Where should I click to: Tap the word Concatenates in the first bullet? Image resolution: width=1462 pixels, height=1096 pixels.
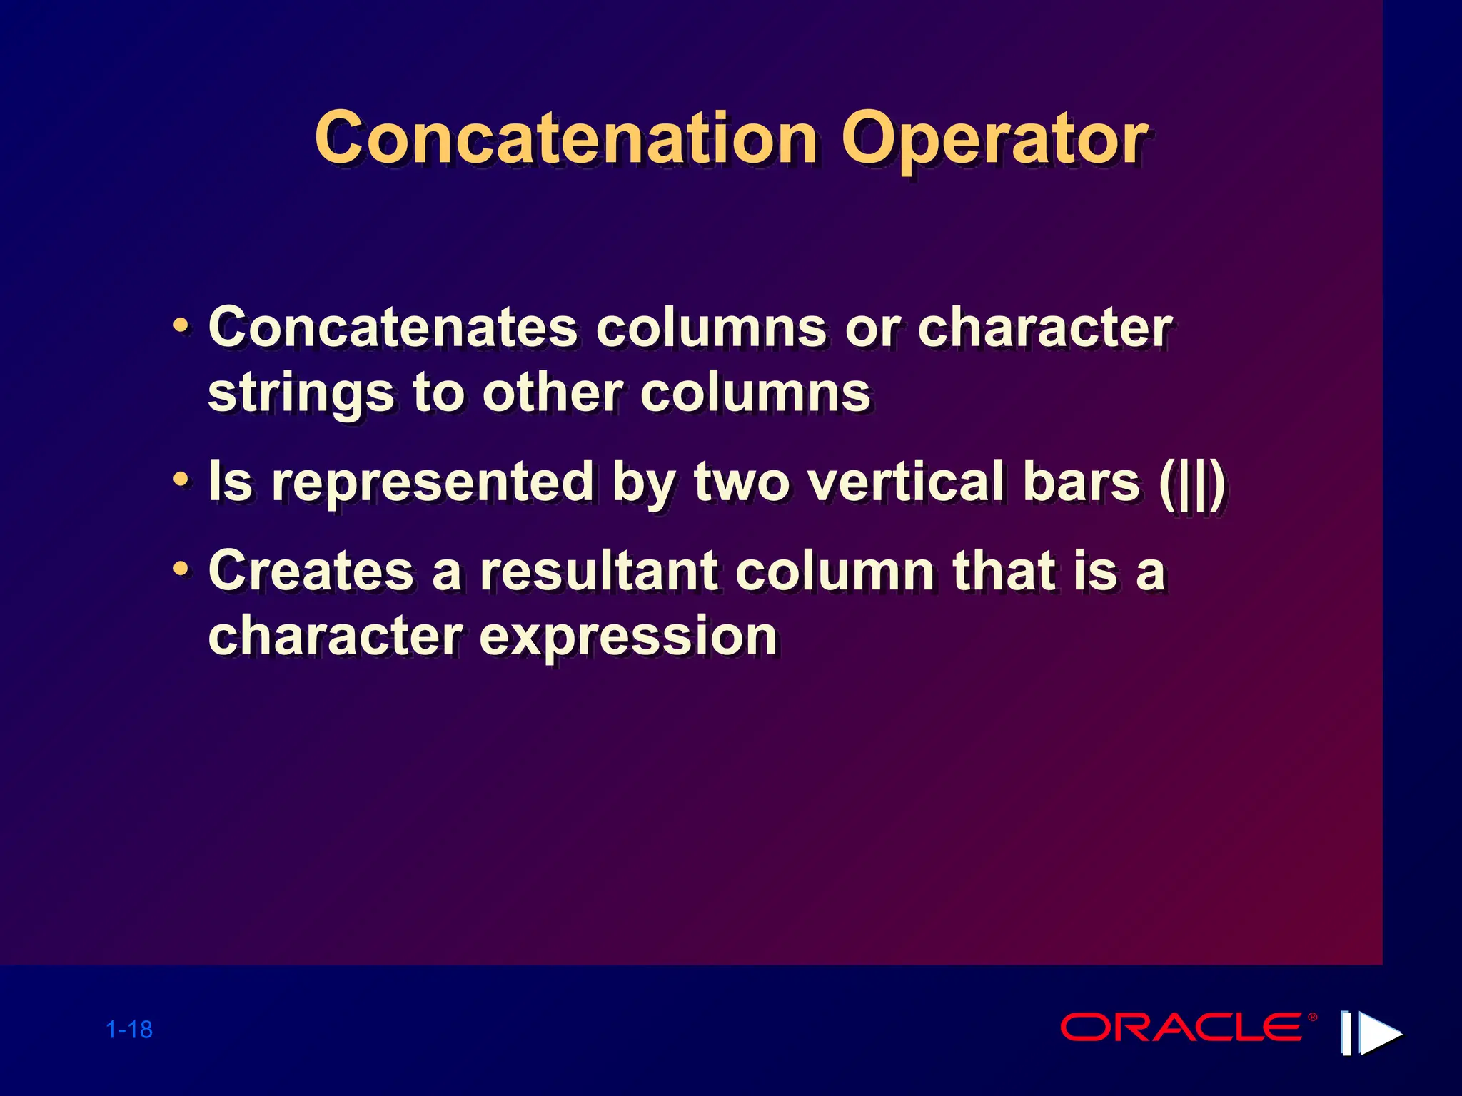392,328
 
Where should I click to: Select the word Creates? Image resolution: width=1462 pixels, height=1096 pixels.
311,572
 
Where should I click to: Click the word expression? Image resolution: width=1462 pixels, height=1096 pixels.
627,636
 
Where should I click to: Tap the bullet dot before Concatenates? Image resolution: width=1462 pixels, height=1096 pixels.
181,328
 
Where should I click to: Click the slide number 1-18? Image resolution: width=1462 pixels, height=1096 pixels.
129,1030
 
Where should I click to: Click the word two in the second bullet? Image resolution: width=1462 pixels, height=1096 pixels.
742,482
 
